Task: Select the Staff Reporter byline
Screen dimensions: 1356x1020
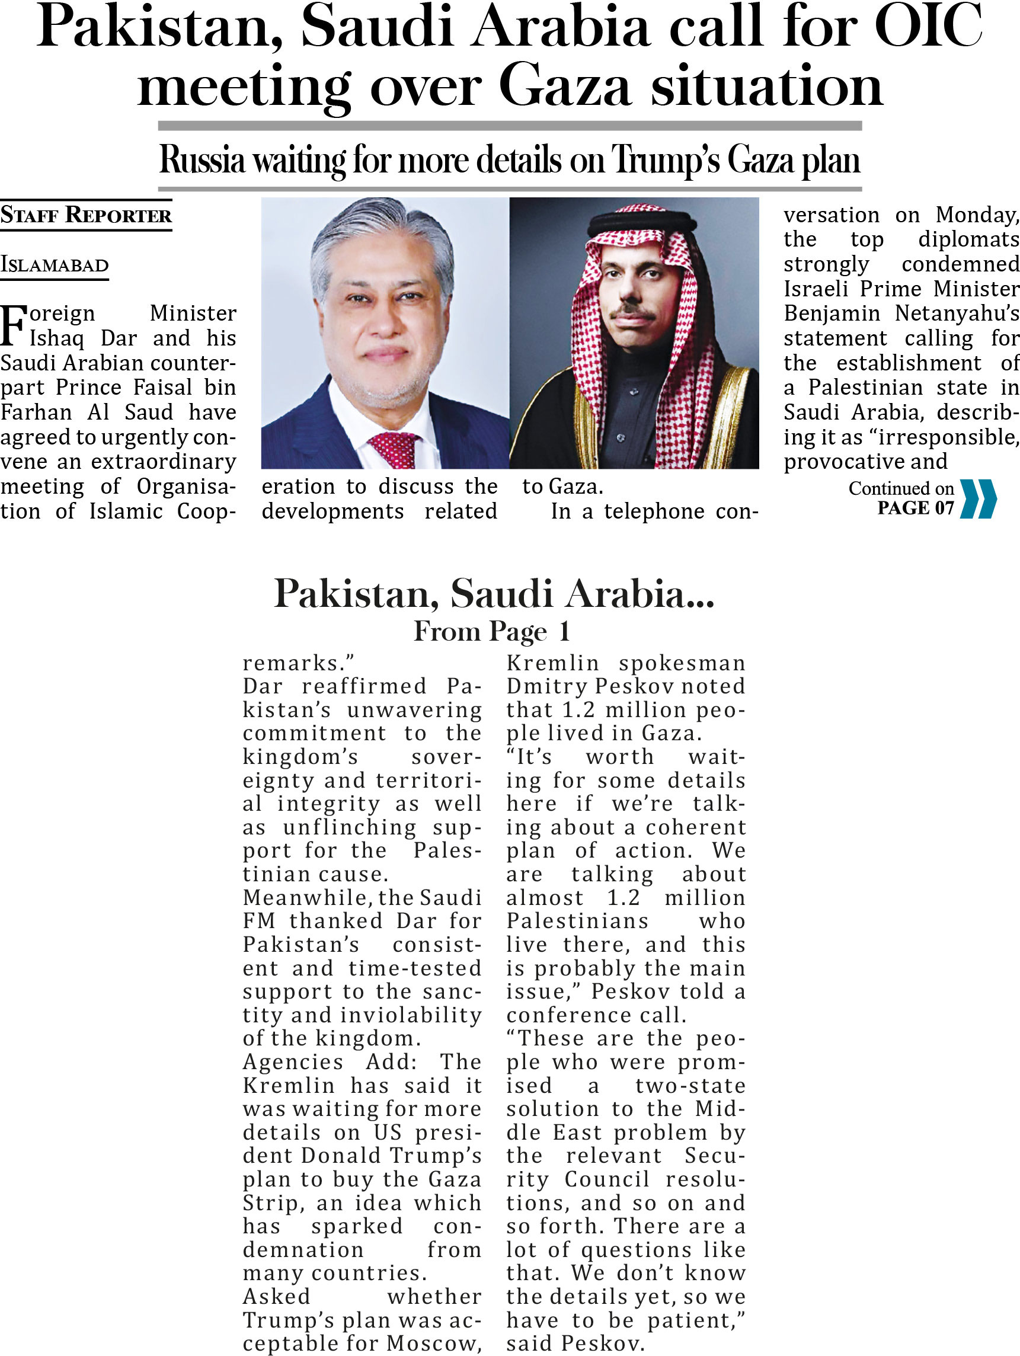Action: (x=86, y=215)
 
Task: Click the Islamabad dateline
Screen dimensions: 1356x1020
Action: (x=54, y=266)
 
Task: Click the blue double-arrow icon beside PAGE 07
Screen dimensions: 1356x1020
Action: (x=979, y=499)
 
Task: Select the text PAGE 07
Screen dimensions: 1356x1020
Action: (x=915, y=508)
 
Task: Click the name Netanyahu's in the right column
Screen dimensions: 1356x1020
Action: (x=956, y=314)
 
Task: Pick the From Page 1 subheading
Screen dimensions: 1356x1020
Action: (x=491, y=631)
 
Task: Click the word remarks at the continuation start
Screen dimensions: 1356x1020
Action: (x=293, y=663)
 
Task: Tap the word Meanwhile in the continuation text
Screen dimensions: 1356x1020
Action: (x=306, y=898)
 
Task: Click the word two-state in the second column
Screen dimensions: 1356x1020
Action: (x=690, y=1086)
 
